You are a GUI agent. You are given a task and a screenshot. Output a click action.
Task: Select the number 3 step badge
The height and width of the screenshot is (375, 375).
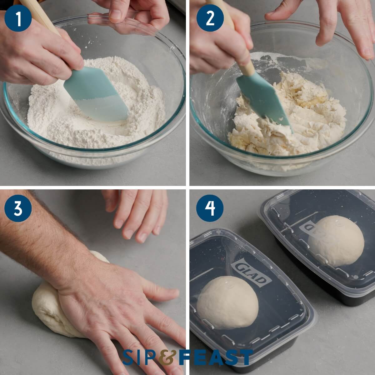point(18,208)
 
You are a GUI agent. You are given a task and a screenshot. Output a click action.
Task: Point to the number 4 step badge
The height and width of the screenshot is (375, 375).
point(210,208)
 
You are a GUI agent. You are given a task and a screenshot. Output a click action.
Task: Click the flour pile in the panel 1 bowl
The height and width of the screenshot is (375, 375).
point(94,131)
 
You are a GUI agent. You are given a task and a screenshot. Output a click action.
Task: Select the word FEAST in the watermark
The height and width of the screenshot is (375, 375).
point(216,357)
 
